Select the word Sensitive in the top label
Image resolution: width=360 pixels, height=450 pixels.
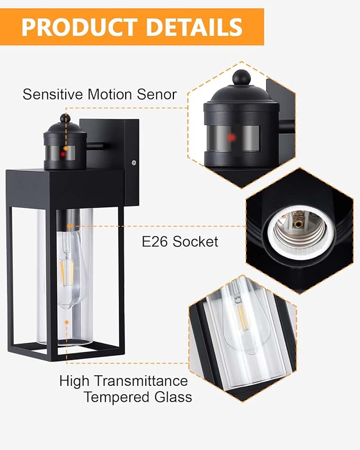53,95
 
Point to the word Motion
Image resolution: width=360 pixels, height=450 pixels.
108,95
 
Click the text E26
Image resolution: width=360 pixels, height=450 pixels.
154,242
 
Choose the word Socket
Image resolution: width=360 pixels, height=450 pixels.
195,242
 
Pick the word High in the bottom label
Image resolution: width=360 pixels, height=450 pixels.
73,381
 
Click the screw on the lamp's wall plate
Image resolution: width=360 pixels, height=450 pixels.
134,163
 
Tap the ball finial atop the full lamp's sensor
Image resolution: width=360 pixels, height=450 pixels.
64,118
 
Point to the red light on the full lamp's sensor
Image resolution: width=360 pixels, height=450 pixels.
64,154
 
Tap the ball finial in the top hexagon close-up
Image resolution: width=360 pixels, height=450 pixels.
241,78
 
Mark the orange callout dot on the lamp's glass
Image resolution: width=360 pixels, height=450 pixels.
66,322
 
